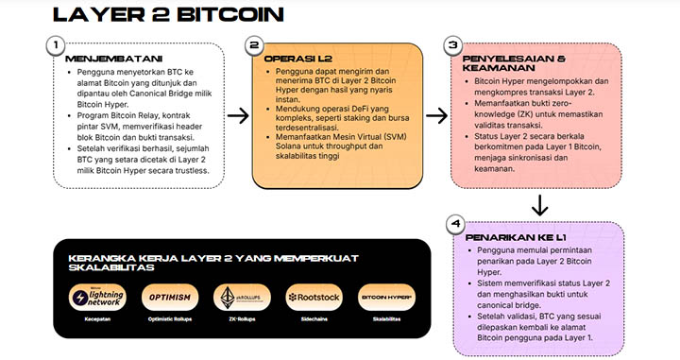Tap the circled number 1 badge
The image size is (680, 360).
(57, 45)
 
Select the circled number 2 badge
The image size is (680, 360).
(252, 45)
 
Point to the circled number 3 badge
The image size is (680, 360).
(453, 45)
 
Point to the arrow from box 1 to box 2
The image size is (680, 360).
(238, 116)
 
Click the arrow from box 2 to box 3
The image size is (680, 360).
(433, 116)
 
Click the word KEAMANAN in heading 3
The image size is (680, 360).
(493, 68)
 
